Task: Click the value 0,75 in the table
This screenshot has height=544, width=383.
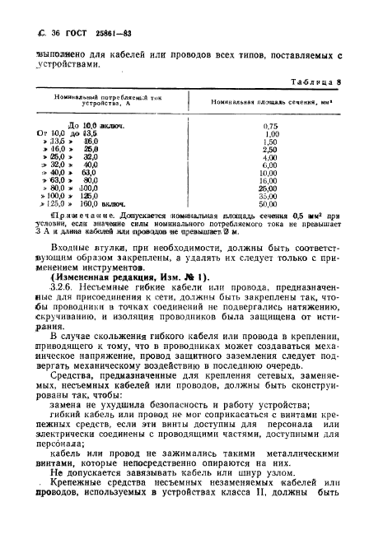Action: pyautogui.click(x=269, y=124)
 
